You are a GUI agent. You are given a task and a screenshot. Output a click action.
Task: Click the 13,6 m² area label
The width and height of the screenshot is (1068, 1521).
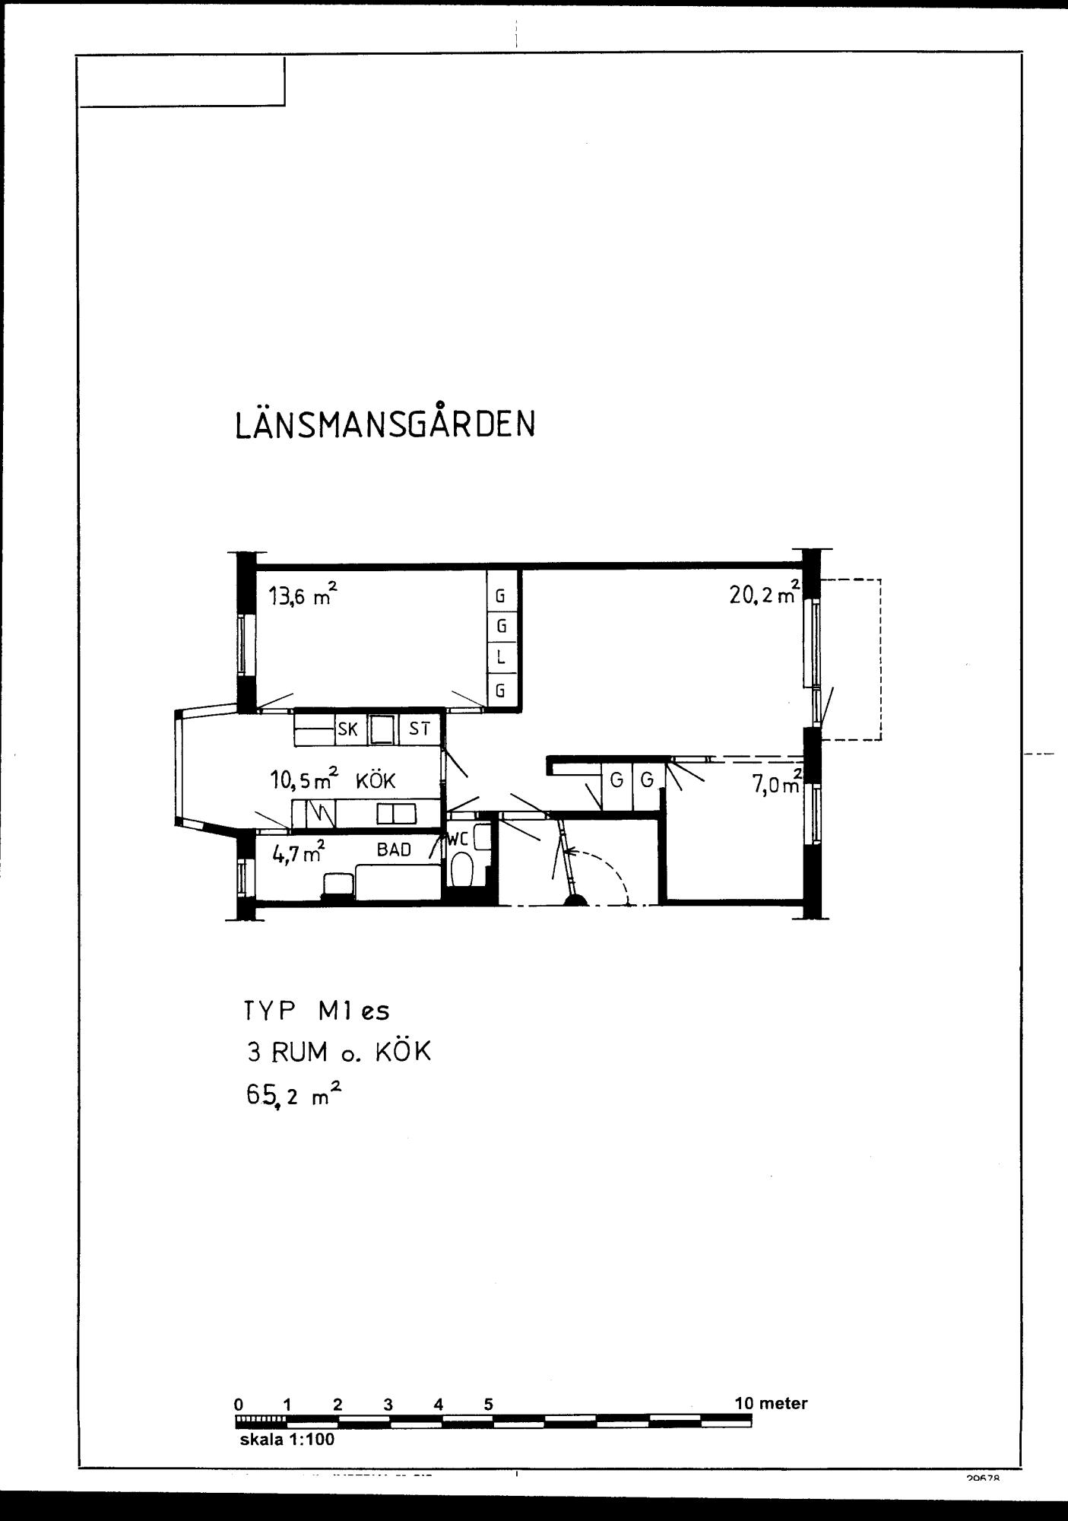(302, 595)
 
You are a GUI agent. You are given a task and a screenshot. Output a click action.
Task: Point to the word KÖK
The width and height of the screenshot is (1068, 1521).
(376, 781)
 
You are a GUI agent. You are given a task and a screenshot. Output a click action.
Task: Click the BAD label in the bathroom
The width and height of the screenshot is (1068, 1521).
(394, 849)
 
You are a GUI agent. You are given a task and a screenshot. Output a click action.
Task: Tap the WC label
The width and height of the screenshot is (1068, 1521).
(456, 840)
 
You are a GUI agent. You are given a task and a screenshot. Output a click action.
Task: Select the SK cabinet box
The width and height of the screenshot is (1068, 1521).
(347, 729)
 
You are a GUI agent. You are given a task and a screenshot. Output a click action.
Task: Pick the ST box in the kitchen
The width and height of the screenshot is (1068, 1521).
(420, 729)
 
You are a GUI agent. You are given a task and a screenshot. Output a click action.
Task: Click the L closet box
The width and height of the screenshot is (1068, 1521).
(501, 658)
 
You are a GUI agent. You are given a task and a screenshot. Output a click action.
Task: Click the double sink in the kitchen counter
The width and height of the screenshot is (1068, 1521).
(397, 814)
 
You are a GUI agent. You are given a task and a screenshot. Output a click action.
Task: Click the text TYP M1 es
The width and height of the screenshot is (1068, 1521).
(316, 1011)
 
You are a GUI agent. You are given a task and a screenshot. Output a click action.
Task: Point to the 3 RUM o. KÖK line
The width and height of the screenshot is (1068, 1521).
(338, 1053)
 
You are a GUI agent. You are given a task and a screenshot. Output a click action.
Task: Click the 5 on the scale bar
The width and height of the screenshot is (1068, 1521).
(488, 1405)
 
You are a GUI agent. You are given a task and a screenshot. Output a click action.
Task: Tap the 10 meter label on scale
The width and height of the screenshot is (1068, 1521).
(770, 1404)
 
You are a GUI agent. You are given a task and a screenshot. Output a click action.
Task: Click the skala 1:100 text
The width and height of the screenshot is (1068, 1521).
(287, 1440)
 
